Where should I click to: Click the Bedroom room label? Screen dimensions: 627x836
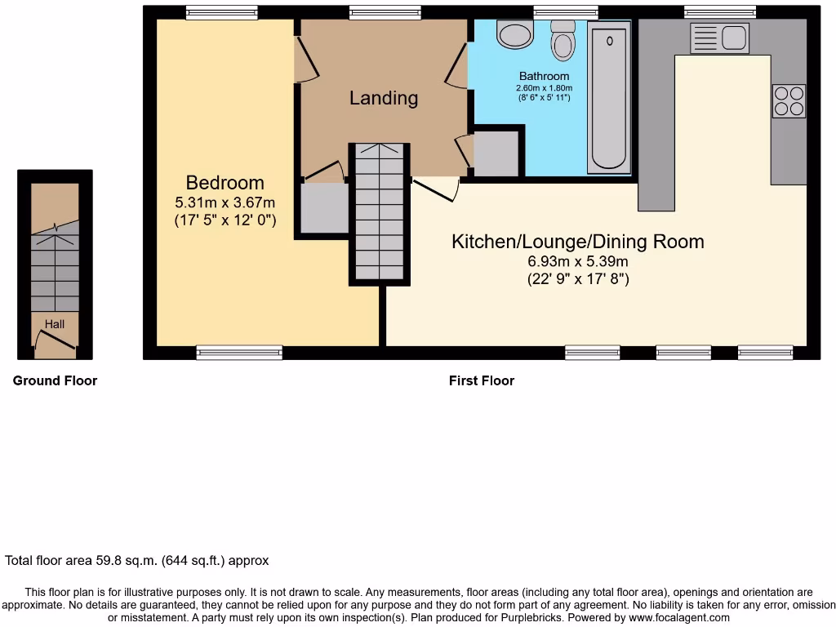(x=225, y=183)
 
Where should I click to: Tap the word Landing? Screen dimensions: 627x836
(x=384, y=98)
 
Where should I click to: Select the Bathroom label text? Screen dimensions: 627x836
(x=544, y=77)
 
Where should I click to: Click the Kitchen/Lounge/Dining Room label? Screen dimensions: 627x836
(x=578, y=242)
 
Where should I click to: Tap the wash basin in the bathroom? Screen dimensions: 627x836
(x=514, y=34)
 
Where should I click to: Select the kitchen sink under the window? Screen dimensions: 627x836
(x=719, y=38)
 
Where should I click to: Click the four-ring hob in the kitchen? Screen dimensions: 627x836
(x=789, y=101)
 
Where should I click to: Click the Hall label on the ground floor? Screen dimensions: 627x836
(x=55, y=324)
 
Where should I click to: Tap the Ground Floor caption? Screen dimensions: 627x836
(x=55, y=380)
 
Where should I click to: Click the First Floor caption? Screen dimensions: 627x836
(x=482, y=380)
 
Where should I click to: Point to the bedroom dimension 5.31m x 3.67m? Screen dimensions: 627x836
(x=225, y=202)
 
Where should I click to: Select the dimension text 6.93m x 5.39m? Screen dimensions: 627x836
(x=578, y=262)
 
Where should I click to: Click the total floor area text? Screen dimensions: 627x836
(x=137, y=561)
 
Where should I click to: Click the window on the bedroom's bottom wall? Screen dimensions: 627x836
(x=239, y=353)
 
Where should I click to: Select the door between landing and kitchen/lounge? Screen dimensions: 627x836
(x=436, y=189)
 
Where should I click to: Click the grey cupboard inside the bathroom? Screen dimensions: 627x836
(x=496, y=153)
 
